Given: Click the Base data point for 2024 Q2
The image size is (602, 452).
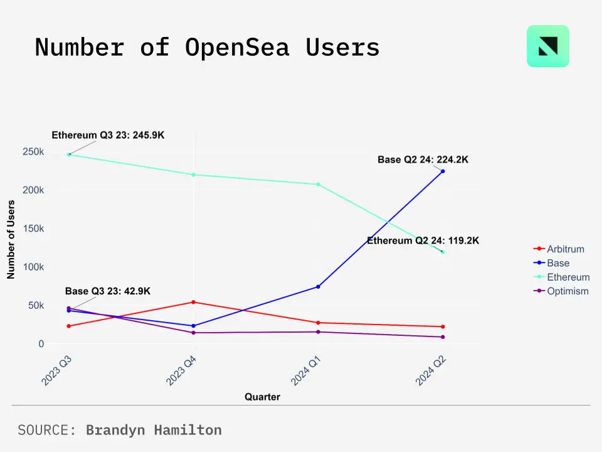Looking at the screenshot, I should tap(443, 171).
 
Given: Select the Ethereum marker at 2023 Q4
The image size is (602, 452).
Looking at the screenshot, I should tap(194, 175).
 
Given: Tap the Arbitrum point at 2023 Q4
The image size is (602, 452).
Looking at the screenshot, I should tap(194, 302).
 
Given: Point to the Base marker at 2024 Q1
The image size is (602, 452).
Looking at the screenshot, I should tap(318, 287).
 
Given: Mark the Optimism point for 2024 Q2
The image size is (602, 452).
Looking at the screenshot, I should tap(443, 337).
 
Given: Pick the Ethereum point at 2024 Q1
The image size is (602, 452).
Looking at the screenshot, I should tap(318, 184).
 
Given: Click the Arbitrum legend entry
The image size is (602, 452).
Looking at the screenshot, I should tap(565, 249).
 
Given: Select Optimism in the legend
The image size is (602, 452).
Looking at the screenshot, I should tap(568, 291).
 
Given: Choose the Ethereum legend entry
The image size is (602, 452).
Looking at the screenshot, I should tap(568, 277).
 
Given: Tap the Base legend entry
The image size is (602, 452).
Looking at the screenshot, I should tap(558, 263).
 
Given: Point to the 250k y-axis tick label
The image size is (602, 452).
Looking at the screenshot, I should tap(33, 152).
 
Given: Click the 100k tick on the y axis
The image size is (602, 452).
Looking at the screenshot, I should tap(33, 267).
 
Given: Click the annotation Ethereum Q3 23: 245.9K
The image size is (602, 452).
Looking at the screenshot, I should tap(108, 135).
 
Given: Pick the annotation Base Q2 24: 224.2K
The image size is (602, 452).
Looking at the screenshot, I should tap(423, 160).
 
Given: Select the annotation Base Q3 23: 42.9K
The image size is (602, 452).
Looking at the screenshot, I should tap(108, 291).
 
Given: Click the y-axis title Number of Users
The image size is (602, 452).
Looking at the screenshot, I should tap(11, 239).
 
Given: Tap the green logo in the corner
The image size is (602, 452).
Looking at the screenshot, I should tap(548, 46).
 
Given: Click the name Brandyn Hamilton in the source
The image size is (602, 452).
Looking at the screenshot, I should tap(154, 430).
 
